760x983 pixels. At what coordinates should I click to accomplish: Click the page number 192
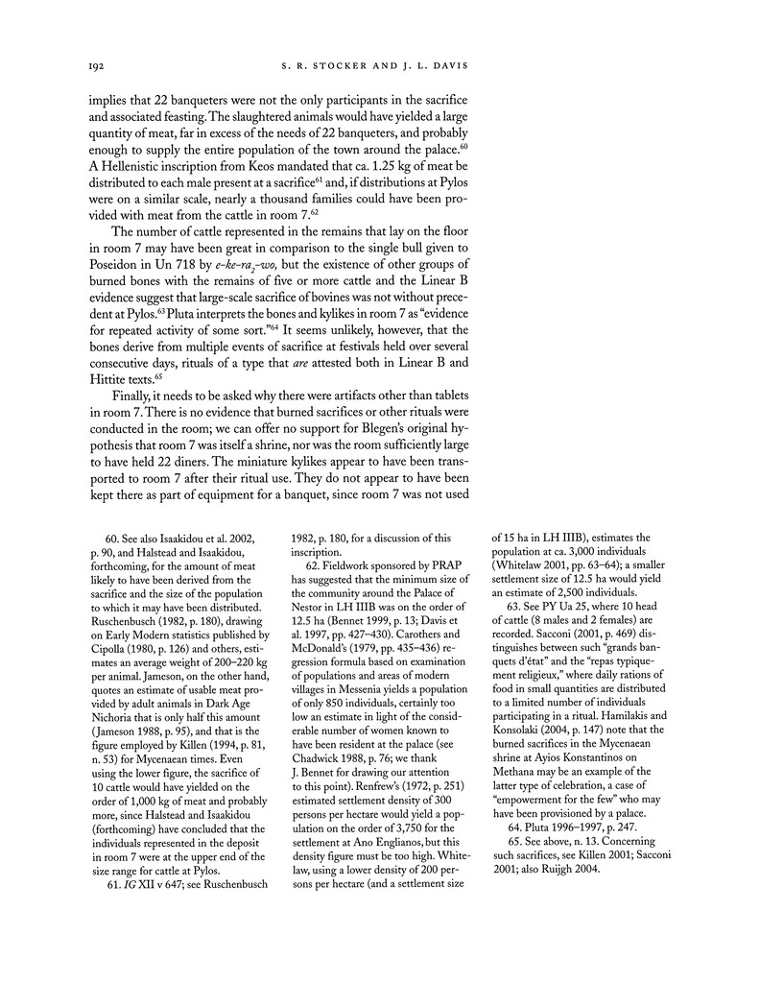coord(96,66)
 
